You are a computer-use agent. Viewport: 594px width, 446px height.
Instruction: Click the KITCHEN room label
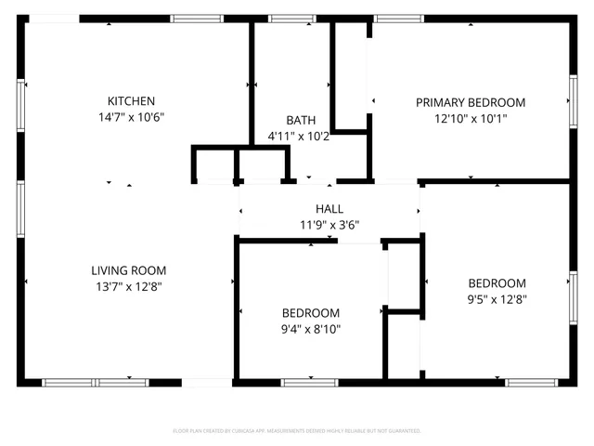(131, 101)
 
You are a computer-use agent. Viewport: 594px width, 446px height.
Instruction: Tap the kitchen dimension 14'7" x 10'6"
(131, 117)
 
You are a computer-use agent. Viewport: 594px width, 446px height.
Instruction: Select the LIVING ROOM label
(129, 270)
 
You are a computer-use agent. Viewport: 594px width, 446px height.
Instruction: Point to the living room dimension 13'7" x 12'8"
(129, 286)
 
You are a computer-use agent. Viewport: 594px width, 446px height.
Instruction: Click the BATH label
(300, 120)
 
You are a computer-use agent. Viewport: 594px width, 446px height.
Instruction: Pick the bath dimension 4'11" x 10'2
(299, 136)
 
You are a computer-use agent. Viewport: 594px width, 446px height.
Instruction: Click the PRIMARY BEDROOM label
(470, 102)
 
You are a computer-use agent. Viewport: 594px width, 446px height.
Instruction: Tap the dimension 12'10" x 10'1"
(470, 118)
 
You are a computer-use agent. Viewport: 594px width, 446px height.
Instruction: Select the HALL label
(329, 209)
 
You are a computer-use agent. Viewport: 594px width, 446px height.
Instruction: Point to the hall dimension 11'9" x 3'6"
(329, 224)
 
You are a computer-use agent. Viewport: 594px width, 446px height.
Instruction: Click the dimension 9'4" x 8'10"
(311, 329)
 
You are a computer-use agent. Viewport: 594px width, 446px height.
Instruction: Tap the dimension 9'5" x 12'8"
(497, 299)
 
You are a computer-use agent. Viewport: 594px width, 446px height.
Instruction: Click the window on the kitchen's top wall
(197, 18)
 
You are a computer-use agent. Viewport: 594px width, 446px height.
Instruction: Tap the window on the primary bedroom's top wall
(399, 18)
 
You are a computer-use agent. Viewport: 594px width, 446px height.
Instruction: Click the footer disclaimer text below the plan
(297, 431)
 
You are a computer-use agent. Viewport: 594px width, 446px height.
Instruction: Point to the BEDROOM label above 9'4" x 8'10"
(311, 313)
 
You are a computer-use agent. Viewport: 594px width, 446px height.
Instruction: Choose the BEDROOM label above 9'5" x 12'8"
(497, 283)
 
